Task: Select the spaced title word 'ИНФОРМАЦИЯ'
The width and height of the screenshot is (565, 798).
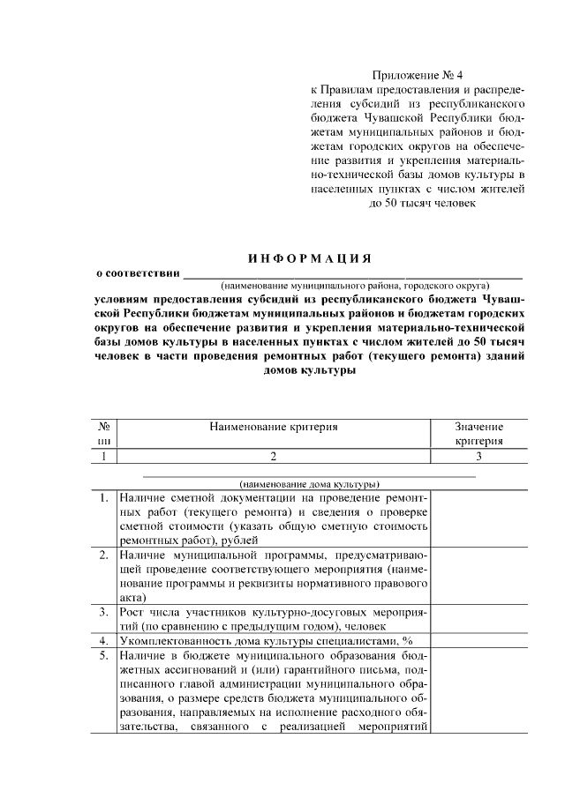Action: pos(309,257)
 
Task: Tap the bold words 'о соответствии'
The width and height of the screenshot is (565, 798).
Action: pos(137,272)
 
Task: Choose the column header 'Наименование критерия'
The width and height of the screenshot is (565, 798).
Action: pos(274,427)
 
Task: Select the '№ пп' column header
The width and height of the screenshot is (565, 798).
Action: pos(103,434)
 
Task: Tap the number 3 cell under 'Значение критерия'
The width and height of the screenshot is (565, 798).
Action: pos(478,456)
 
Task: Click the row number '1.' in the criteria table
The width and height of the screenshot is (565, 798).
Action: pos(103,497)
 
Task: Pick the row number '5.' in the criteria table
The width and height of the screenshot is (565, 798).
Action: pos(103,656)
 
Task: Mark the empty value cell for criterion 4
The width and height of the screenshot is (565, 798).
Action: pos(478,640)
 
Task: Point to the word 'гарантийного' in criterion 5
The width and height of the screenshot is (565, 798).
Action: pos(298,670)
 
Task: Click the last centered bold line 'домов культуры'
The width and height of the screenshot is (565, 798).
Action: pos(309,371)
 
